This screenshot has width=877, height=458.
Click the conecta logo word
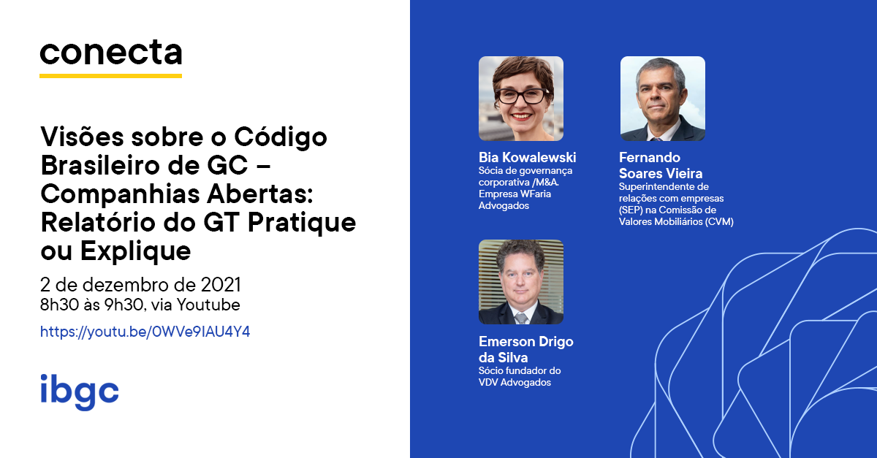[111, 52]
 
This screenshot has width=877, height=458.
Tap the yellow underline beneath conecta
[111, 75]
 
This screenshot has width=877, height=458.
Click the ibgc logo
[80, 392]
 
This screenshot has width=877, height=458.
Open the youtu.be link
[145, 332]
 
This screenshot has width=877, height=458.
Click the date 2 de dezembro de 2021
[140, 285]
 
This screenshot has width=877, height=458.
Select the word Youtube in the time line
[208, 305]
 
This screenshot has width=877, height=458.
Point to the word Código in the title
[281, 138]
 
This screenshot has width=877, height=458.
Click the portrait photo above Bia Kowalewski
[521, 99]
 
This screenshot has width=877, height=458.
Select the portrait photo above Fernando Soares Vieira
[663, 99]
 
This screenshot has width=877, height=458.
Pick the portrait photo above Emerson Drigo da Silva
[521, 282]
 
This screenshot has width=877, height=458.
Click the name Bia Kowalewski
[528, 157]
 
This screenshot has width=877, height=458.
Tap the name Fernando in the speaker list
[650, 157]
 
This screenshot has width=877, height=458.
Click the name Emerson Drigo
[525, 342]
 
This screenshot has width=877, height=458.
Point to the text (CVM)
[719, 221]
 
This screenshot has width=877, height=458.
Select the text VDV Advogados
[515, 383]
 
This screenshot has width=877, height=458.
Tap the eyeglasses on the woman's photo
[523, 96]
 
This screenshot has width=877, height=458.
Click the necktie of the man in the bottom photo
[521, 318]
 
